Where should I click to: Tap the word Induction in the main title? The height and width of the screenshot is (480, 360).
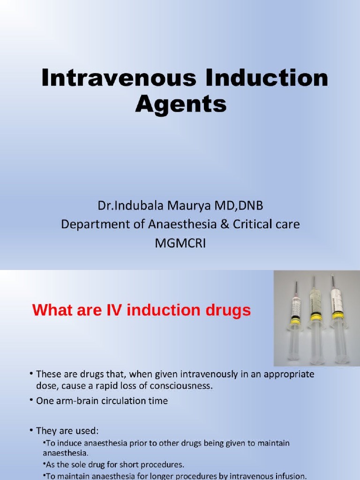[250, 78]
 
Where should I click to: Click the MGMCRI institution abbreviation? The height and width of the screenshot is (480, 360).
[180, 244]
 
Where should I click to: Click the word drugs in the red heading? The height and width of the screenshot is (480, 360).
[227, 310]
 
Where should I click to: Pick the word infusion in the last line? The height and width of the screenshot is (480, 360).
[287, 476]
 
